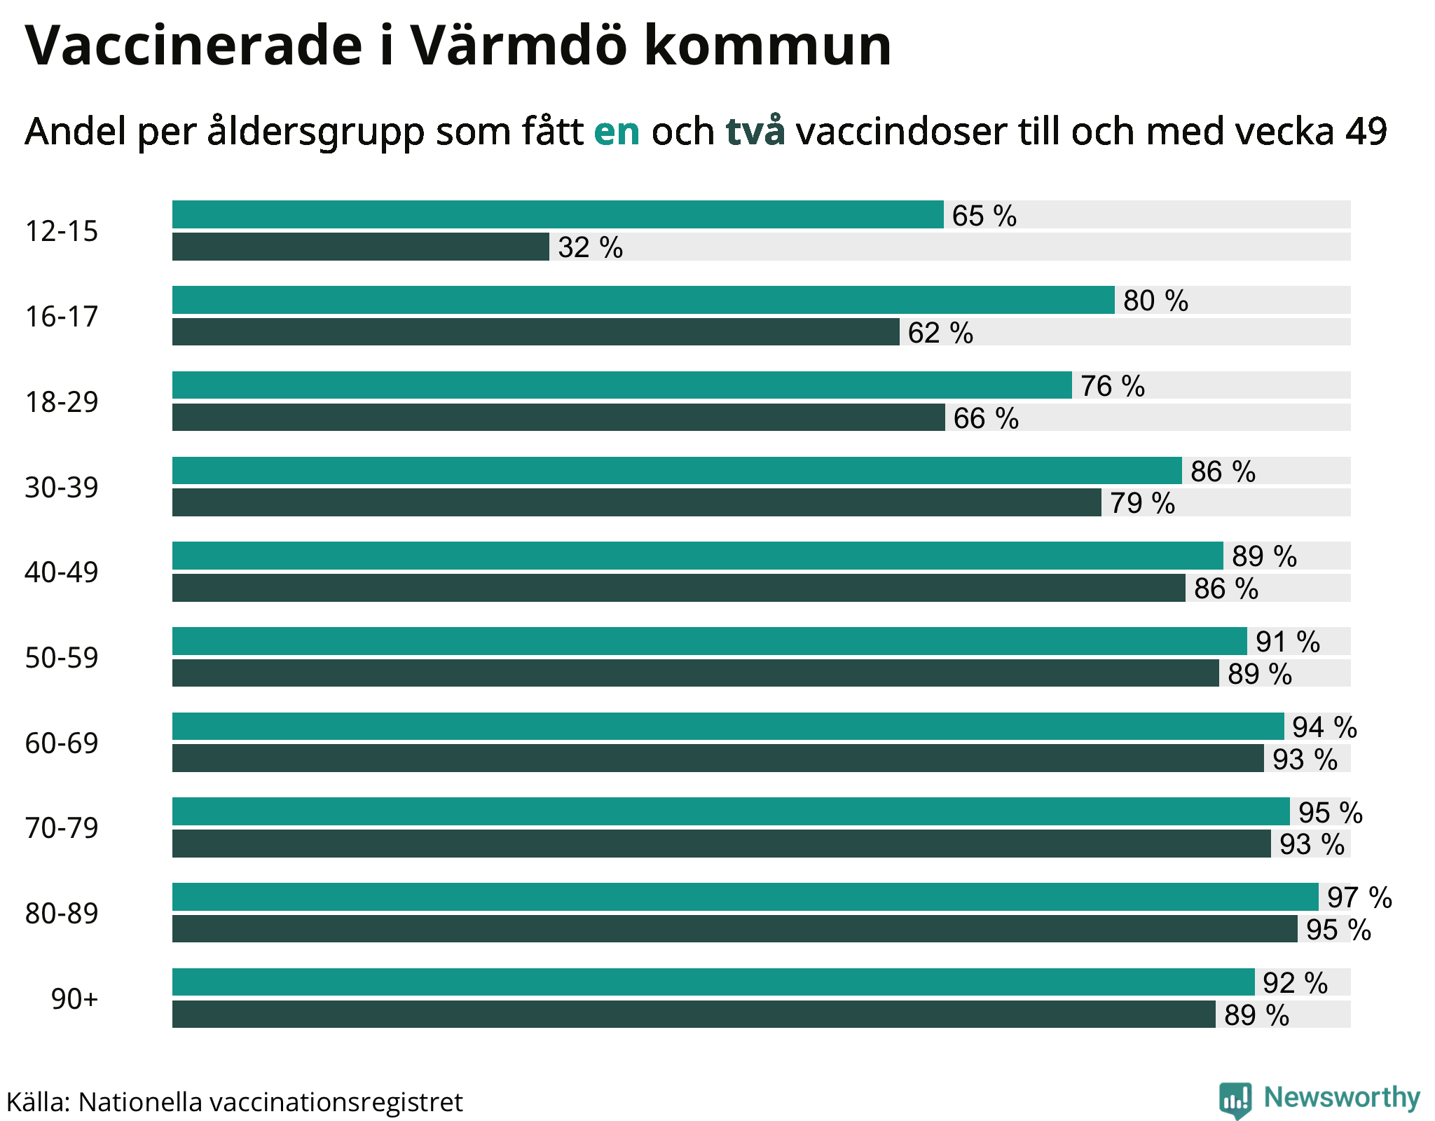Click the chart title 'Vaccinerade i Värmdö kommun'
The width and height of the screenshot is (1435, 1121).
(458, 46)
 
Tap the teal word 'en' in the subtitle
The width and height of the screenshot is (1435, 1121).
(617, 131)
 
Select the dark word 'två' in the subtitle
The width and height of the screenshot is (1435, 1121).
(755, 131)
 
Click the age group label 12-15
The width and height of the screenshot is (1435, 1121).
(62, 231)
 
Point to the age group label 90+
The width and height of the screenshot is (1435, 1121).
(74, 999)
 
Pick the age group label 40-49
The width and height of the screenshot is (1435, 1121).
(62, 572)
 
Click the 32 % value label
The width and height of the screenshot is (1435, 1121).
(590, 247)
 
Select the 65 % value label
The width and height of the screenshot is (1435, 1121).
(984, 216)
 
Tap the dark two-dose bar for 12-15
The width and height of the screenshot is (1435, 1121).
(360, 247)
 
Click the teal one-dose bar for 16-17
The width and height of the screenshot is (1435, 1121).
(643, 300)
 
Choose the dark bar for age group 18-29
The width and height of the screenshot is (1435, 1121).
(558, 418)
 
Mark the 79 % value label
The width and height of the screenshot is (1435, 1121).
(1141, 503)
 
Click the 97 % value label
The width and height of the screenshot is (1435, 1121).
(1359, 898)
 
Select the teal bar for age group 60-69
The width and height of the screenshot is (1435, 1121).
(727, 726)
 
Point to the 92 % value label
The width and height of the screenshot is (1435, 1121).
(1295, 983)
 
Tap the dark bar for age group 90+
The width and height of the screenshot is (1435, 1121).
(693, 1015)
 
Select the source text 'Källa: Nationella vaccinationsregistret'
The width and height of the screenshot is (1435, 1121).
(235, 1102)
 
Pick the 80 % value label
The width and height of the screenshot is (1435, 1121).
(1155, 301)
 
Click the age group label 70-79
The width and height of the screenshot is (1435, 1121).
(62, 828)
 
